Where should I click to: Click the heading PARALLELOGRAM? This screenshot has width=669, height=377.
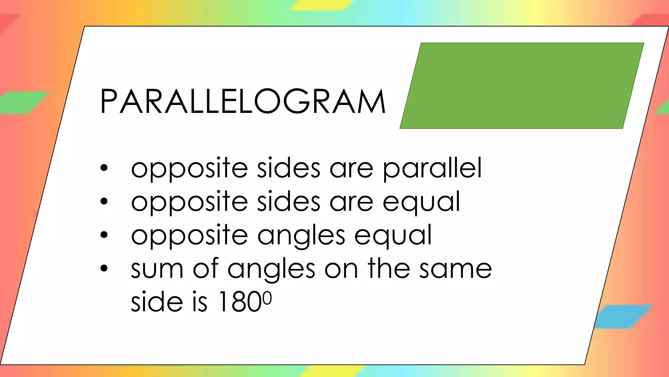[243, 101]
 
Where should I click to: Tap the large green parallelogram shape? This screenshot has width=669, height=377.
[522, 86]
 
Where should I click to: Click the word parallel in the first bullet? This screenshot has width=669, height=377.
[432, 169]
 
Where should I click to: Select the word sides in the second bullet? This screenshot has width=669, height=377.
[288, 202]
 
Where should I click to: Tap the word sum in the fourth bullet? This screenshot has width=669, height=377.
[157, 269]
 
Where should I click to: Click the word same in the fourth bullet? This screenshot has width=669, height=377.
[456, 269]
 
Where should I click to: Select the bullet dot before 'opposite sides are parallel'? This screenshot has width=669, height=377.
[104, 168]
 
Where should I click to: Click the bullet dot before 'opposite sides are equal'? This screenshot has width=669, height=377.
[104, 202]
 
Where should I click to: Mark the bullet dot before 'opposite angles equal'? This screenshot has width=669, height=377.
[104, 235]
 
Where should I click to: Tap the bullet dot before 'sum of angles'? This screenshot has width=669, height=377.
[104, 268]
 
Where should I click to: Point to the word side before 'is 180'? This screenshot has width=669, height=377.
[157, 302]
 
